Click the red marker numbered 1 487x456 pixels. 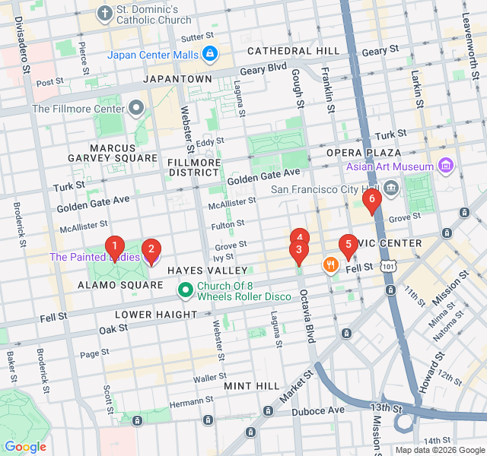(114, 246)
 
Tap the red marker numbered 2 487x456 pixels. (151, 249)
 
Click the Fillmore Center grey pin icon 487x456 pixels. (136, 108)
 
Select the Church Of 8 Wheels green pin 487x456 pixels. (185, 290)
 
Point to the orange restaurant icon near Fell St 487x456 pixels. (330, 264)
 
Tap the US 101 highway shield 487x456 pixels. (389, 267)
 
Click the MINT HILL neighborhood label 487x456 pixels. (252, 386)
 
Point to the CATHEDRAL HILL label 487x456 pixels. (293, 51)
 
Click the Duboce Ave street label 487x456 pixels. (319, 410)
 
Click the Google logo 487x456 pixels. (25, 447)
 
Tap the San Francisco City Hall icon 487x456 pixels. (391, 187)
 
